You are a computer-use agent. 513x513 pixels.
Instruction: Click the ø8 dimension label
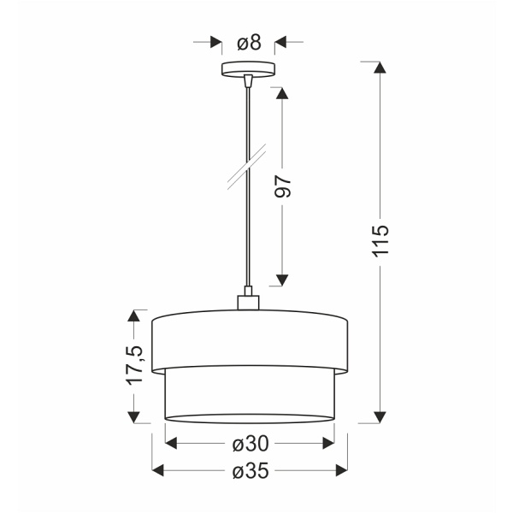coord(249,42)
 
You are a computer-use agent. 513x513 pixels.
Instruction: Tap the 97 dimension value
coord(284,186)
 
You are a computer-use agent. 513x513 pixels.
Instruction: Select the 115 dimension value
coord(381,242)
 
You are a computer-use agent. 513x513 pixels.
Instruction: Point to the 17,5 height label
coord(133,365)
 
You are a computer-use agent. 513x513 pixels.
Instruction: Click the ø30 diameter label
coord(251,444)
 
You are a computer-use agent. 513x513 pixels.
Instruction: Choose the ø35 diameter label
coord(251,470)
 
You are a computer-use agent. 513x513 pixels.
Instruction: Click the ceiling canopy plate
coord(249,68)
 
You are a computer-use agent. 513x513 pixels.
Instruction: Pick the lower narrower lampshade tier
coord(250,395)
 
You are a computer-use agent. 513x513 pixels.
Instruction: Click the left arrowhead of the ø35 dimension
coord(158,469)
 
